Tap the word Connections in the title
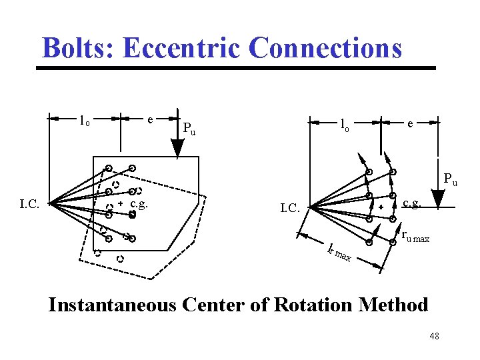click(325, 48)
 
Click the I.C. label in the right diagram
click(291, 209)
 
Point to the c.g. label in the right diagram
click(411, 203)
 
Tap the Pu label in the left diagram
click(189, 128)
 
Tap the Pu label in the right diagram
click(451, 179)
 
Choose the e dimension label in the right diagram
click(411, 123)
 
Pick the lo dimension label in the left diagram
click(84, 121)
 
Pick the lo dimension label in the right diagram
click(344, 124)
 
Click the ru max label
click(415, 237)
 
